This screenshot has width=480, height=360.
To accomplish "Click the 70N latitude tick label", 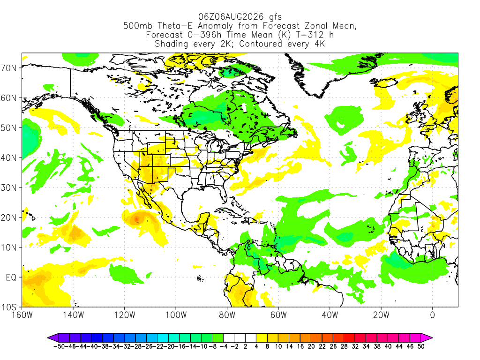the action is [x=9, y=68].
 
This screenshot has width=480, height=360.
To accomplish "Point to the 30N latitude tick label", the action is [x=9, y=187].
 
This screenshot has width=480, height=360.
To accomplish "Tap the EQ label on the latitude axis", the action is [x=11, y=277].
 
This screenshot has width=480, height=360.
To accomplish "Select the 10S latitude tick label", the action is [x=9, y=307].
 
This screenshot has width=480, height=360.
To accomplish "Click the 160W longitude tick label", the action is [x=22, y=315].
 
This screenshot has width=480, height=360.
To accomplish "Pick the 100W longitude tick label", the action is [x=176, y=315].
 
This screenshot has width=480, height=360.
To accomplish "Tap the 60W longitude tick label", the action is [x=278, y=315].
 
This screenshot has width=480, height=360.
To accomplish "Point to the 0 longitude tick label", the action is [x=433, y=315].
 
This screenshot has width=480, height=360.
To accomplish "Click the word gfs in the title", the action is [x=275, y=17].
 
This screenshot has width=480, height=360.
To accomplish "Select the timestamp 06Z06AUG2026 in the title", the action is [x=231, y=16].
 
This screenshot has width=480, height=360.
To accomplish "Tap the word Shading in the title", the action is [x=172, y=44].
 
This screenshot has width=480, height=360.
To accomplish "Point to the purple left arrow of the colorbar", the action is [x=53, y=338].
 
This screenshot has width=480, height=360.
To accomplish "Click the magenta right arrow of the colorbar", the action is [x=427, y=338].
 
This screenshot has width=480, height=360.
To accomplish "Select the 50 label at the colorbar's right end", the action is [x=421, y=346].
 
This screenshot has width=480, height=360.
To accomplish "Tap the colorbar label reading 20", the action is [x=311, y=346].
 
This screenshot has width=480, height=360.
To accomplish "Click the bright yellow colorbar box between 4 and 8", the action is [x=262, y=338].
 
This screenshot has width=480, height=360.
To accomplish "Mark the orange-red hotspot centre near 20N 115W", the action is [x=136, y=219].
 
